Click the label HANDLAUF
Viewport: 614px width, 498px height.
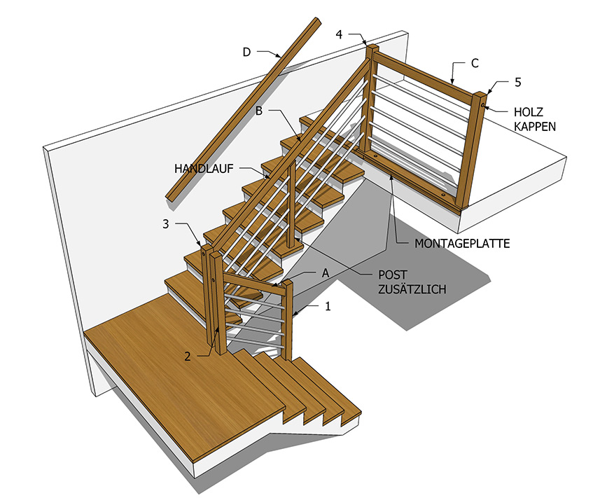coord(204,169)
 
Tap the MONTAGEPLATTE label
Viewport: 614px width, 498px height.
coord(462,244)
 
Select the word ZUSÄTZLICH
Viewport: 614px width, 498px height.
coord(412,289)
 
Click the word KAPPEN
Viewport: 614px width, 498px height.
coord(534,127)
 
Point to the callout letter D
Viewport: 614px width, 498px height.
coord(246,52)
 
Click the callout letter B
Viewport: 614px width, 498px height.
coord(259,111)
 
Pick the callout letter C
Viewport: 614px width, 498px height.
coord(475,63)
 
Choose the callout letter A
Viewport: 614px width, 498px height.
coord(326,273)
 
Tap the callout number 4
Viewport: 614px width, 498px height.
coord(339,34)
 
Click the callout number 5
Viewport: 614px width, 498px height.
coord(518,82)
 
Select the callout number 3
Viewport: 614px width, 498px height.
coord(166,224)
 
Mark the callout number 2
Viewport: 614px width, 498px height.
coord(188,357)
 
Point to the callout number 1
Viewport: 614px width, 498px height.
coord(328,306)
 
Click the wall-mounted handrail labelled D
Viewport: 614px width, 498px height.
coord(244,111)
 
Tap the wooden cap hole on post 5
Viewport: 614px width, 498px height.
coord(483,104)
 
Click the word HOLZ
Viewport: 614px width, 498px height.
coord(529,112)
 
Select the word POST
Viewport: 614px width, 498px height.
coord(392,275)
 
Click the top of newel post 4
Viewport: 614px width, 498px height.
coord(372,48)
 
